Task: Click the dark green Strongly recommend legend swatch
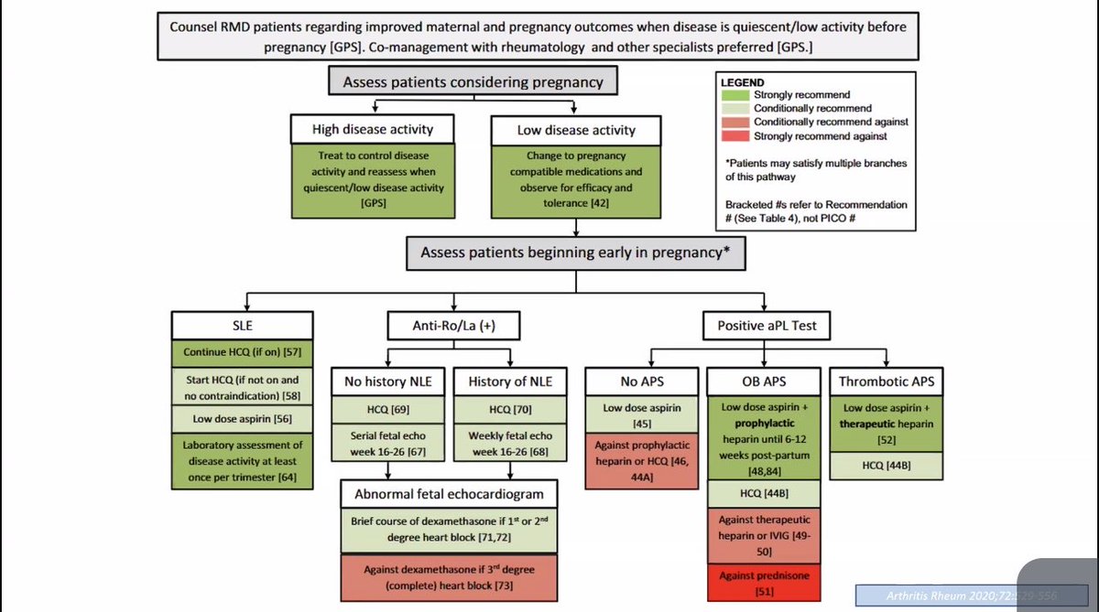point(735,95)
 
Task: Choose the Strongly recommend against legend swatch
point(735,136)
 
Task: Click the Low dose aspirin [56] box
point(243,418)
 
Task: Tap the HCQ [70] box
point(506,409)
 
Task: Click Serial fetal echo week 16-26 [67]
point(387,445)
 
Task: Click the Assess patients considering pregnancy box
point(473,81)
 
